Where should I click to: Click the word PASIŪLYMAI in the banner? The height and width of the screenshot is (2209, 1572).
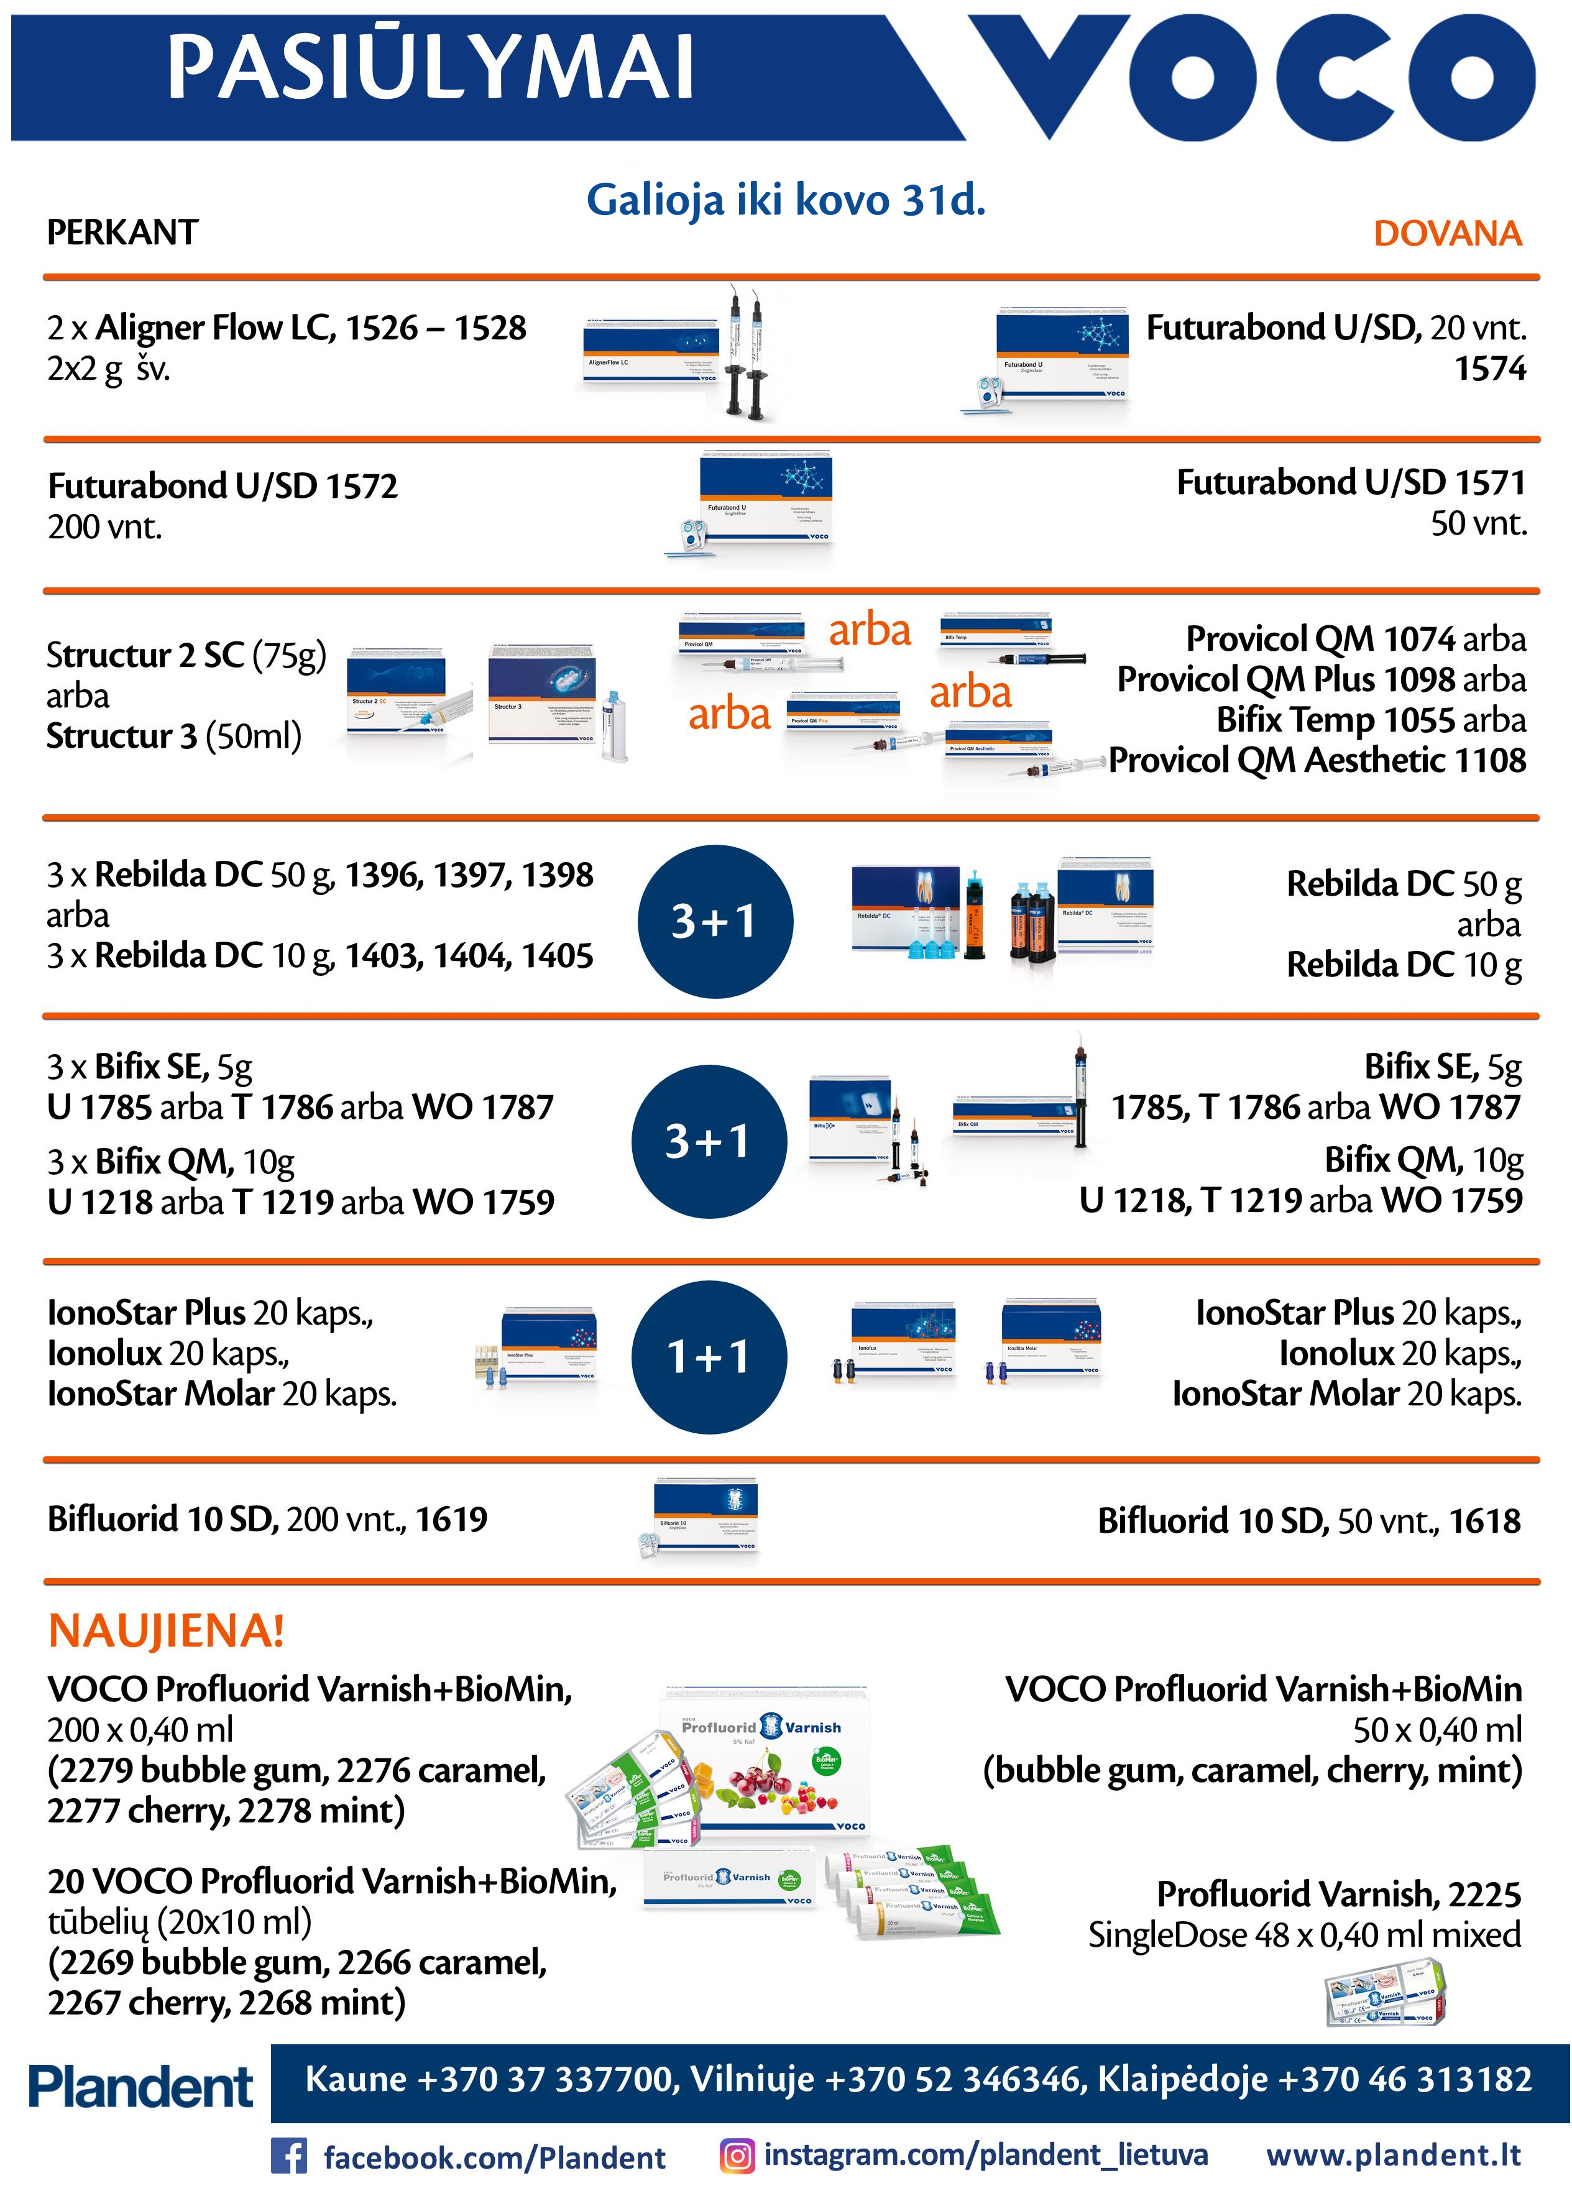coord(431,68)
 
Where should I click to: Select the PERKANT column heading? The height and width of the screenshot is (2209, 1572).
coord(123,232)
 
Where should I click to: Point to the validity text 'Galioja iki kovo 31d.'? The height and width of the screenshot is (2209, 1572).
coord(785,200)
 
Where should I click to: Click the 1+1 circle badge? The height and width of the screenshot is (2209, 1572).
coord(709,1356)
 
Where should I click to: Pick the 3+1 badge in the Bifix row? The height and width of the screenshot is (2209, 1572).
coord(709,1141)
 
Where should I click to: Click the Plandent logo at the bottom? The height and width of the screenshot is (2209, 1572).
coord(140,2086)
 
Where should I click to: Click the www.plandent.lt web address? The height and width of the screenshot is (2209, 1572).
coord(1394,2155)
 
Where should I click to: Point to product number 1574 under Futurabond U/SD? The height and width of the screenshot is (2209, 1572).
coord(1490,369)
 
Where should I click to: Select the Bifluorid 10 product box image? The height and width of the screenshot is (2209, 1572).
coord(705,1515)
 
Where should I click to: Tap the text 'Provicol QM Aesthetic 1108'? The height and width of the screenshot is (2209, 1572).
coord(1317,761)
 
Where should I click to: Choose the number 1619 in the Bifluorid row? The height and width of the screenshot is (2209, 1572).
coord(451,1519)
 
